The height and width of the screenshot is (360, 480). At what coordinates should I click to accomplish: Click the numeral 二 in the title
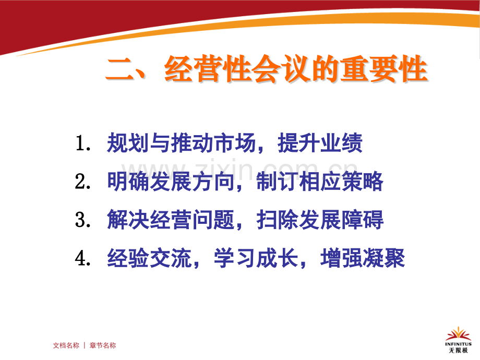tap(121, 69)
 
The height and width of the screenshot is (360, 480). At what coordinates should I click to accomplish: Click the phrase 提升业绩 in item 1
tap(320, 145)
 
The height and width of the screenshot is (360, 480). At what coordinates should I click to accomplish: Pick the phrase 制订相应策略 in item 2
tap(320, 182)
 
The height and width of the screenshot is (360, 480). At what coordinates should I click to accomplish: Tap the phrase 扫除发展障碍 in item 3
tap(320, 220)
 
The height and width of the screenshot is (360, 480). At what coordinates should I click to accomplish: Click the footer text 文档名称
tap(66, 345)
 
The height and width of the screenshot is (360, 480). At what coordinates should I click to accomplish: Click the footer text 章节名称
tap(103, 345)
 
